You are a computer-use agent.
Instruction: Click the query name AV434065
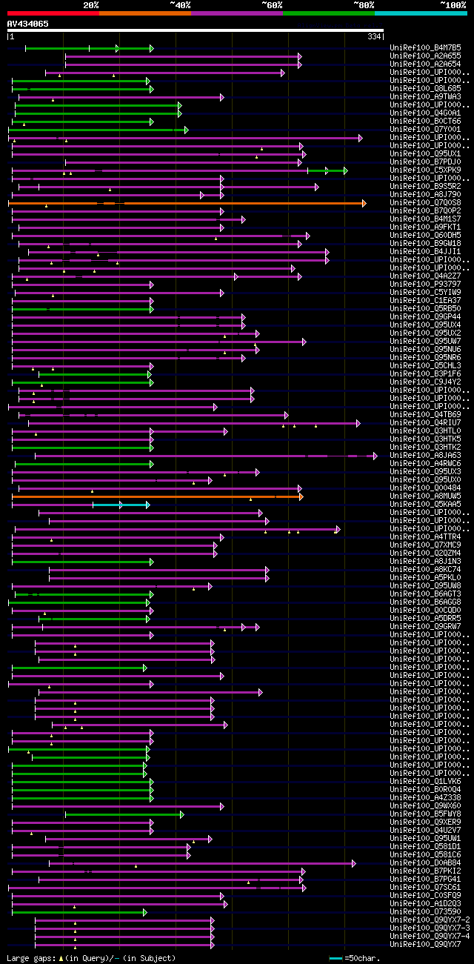click(x=28, y=24)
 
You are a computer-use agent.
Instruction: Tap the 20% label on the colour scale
click(x=91, y=4)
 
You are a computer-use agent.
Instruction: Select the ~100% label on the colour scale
click(x=453, y=4)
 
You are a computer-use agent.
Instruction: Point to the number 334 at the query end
click(x=374, y=36)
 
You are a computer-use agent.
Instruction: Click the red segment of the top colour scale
click(x=53, y=13)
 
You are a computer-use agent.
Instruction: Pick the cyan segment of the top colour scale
click(x=420, y=13)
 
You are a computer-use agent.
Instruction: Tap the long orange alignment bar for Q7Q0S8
click(x=185, y=203)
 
